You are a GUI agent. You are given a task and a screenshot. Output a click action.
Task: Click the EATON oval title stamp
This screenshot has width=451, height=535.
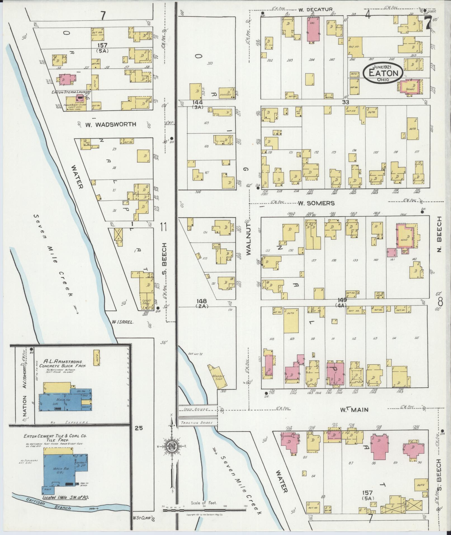click(383, 73)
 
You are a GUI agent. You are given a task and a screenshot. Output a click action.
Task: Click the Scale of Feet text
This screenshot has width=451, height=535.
click(204, 503)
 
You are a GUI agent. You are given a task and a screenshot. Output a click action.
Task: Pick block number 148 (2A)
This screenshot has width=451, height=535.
click(201, 303)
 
